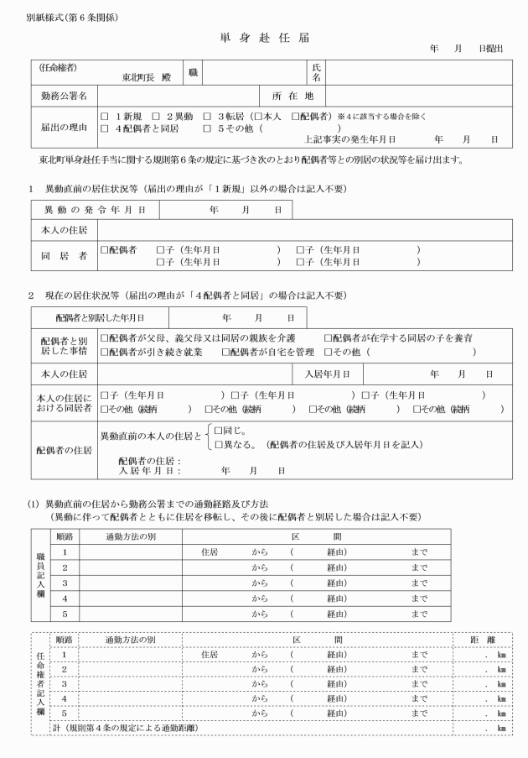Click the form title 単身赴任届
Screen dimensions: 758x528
click(264, 39)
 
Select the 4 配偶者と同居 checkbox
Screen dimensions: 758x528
click(105, 128)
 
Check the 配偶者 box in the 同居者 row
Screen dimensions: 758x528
click(105, 249)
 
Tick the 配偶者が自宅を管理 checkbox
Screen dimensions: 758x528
click(225, 352)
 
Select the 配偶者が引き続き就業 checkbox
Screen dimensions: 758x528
click(105, 352)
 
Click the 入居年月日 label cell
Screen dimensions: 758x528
click(333, 373)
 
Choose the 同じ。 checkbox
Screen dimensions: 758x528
click(220, 429)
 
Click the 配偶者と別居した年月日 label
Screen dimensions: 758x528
click(100, 318)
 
